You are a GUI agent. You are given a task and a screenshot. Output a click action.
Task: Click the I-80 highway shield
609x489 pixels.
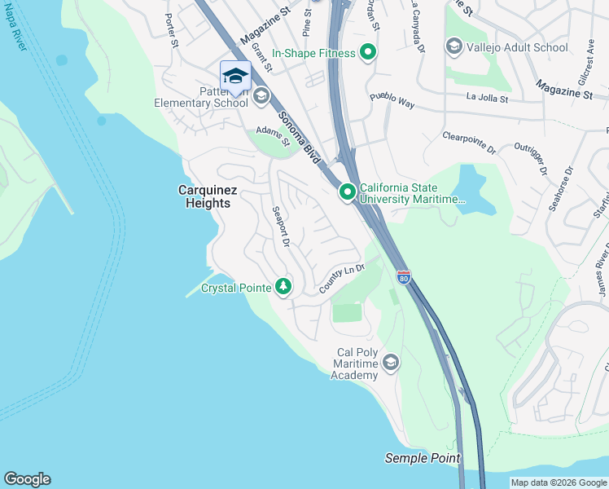point(403,277)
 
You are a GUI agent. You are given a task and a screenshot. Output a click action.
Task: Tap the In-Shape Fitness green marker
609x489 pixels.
point(368,53)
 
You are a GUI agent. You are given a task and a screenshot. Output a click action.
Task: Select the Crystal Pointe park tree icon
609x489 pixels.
point(283,287)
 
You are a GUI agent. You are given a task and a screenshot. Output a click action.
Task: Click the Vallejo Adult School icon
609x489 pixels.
point(453,47)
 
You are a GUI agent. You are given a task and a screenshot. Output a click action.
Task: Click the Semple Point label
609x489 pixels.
point(423,459)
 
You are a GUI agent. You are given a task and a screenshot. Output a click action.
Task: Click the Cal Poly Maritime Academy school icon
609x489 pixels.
point(391,362)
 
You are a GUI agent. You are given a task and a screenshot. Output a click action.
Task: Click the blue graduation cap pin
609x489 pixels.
point(235,76)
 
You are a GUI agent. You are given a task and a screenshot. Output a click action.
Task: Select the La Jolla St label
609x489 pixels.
point(487,99)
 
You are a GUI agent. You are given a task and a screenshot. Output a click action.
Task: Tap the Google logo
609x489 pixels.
point(27,479)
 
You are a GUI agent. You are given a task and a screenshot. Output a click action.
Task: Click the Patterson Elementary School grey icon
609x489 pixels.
point(261,97)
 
